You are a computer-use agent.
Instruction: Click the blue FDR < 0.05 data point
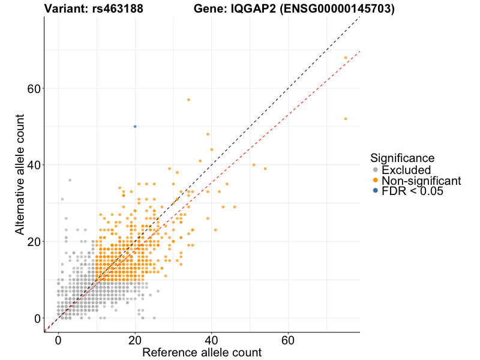tap(135, 127)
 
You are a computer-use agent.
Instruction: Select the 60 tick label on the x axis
tap(288, 340)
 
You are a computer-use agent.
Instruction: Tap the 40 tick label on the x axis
tap(211, 340)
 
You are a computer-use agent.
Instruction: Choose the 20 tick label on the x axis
tap(134, 340)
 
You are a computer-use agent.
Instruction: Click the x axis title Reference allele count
tap(202, 353)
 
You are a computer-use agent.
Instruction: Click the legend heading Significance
tap(402, 158)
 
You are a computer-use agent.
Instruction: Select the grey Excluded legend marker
tap(376, 170)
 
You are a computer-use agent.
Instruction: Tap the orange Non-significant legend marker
tap(376, 180)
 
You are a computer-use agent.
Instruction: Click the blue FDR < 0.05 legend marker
tap(376, 191)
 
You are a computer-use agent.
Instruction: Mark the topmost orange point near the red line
tap(346, 58)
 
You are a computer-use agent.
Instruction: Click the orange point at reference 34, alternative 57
tap(188, 100)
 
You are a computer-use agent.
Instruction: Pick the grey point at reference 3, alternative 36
tap(70, 180)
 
